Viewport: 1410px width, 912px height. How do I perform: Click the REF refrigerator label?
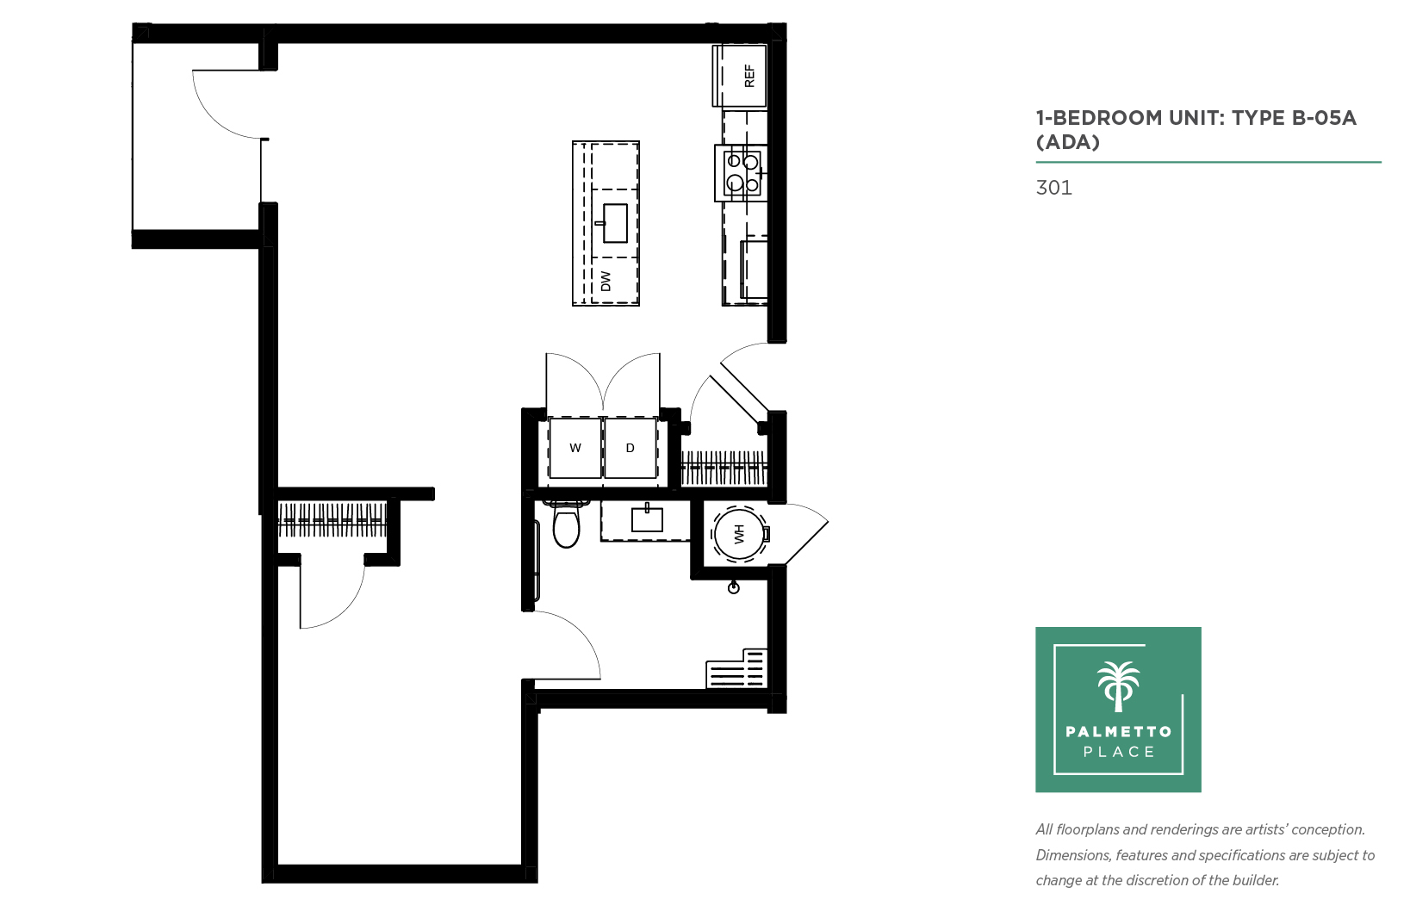749,76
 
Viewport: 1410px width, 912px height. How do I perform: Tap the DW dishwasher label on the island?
606,281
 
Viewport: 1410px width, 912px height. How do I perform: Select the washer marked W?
575,448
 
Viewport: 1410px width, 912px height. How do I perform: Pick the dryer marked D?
630,448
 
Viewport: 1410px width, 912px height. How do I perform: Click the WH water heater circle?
739,534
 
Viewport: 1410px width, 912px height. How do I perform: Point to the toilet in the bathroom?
566,524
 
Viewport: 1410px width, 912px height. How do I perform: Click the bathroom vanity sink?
647,520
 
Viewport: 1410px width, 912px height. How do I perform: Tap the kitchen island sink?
614,223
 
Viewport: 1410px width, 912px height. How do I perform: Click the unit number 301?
1053,188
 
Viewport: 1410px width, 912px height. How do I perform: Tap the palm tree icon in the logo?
1118,686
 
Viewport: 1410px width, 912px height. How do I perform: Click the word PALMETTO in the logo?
1118,731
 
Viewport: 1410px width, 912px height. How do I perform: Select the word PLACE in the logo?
1119,752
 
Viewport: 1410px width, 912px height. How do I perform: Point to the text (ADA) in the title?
1067,141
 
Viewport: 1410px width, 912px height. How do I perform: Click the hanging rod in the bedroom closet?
332,520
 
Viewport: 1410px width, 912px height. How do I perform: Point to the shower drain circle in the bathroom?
733,588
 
